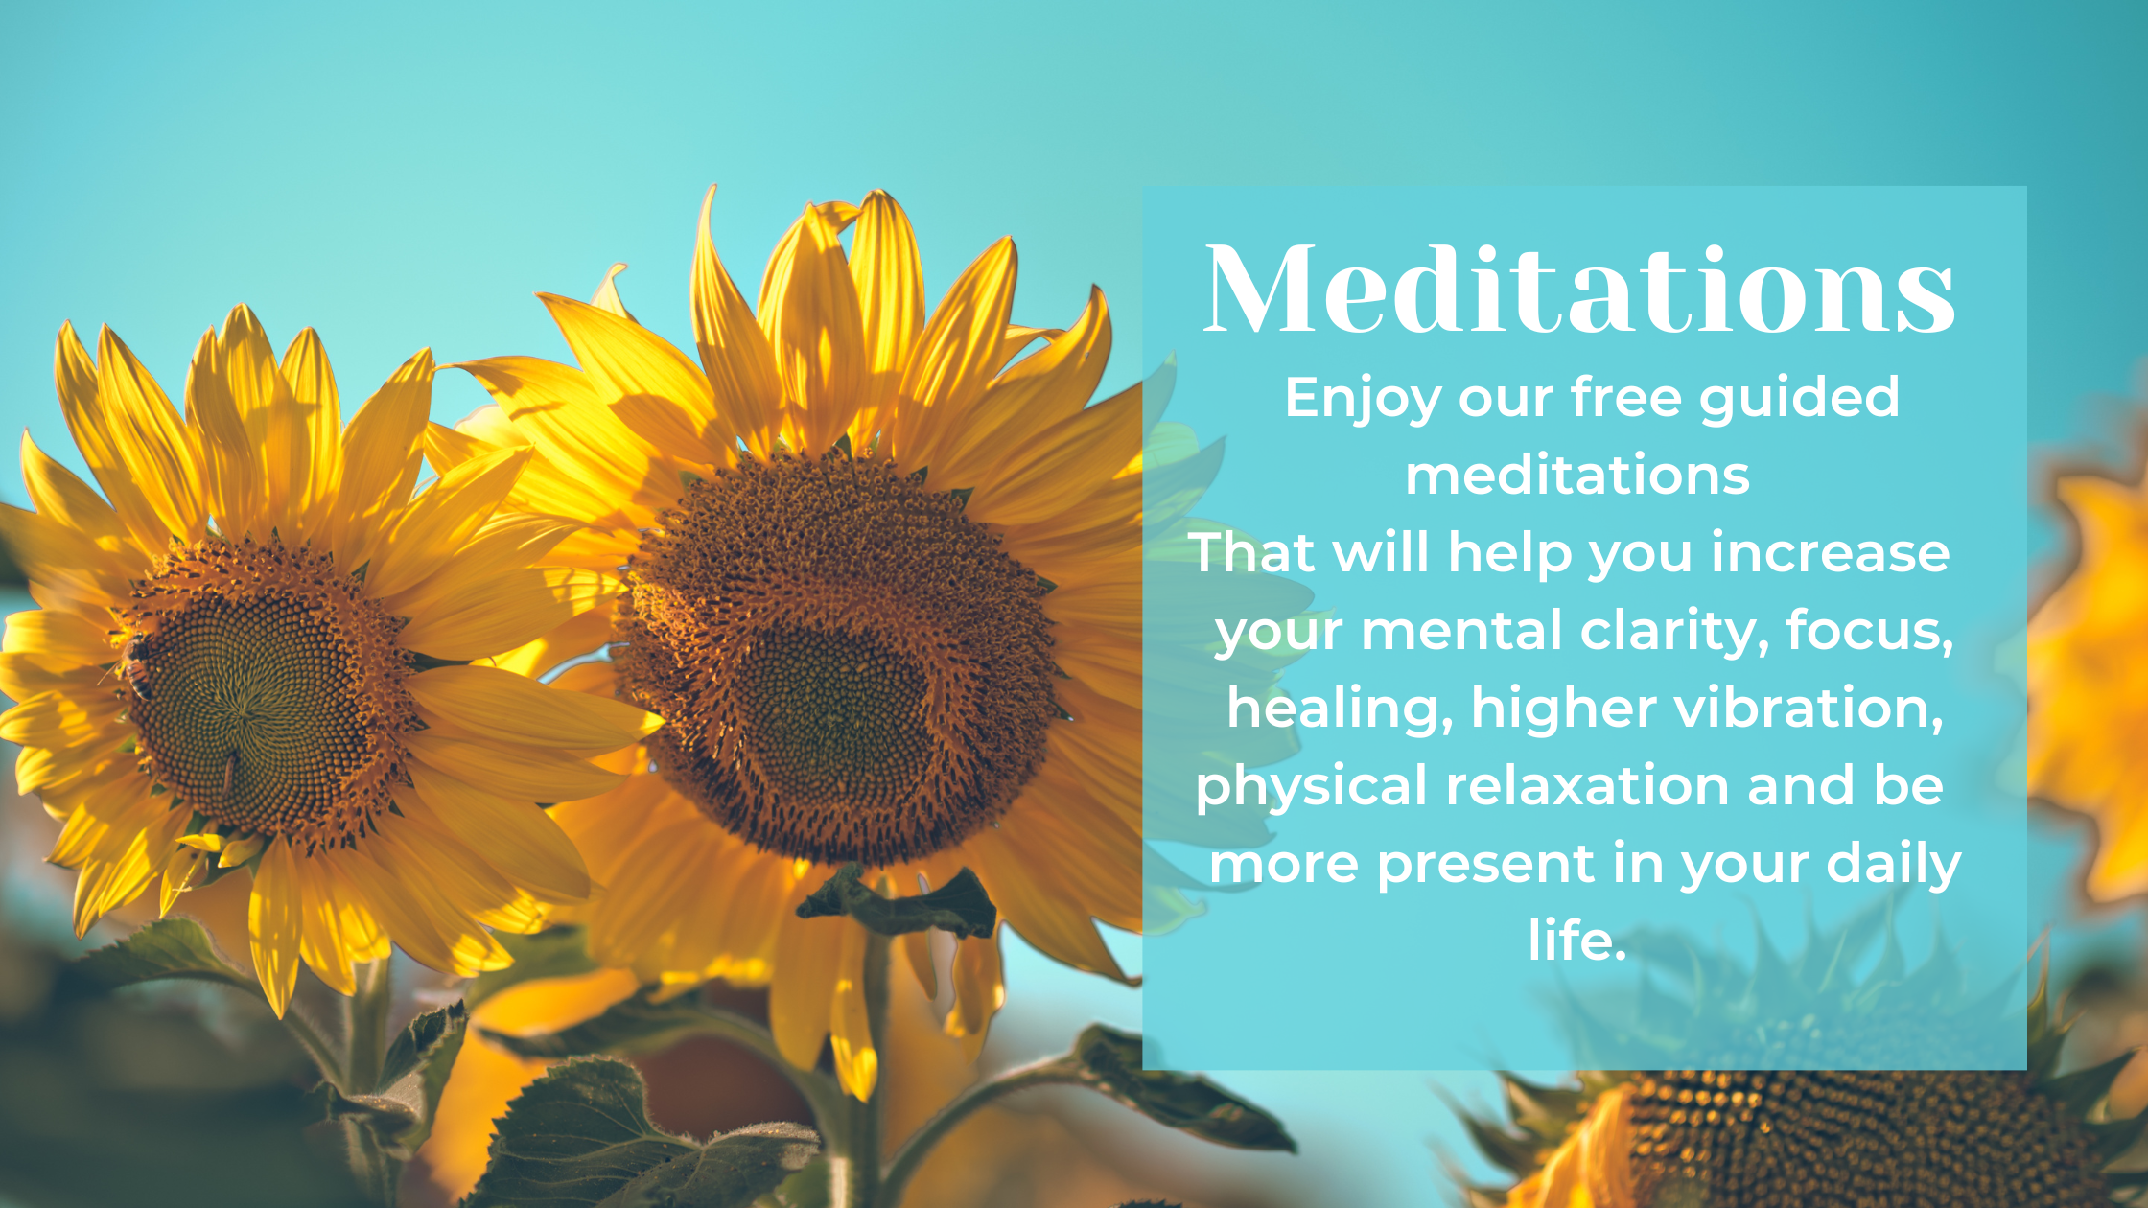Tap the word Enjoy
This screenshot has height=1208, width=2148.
coord(1363,398)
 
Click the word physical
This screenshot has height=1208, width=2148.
coord(1312,787)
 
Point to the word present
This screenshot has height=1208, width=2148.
coord(1486,865)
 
